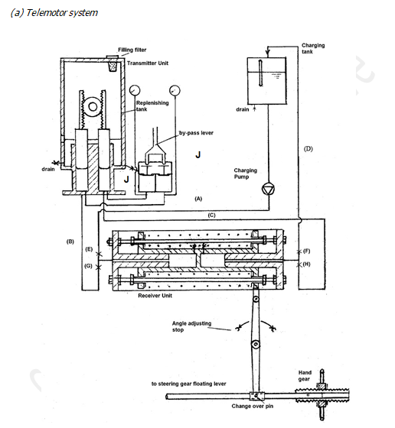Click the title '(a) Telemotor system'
52,13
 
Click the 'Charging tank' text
313,50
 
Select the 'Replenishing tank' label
152,105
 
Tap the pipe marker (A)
198,198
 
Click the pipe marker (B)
70,242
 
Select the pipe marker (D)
308,147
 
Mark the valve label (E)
90,250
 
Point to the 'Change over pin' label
253,407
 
